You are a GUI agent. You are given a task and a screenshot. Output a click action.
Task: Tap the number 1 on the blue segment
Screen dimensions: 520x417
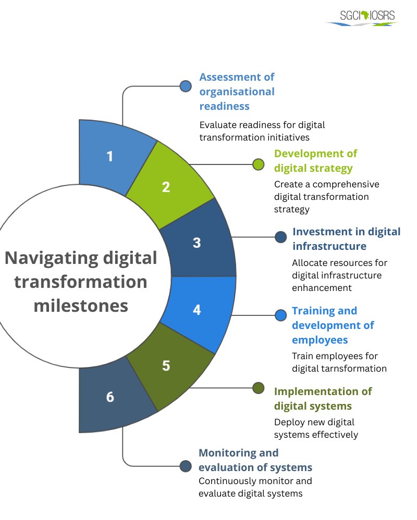109,156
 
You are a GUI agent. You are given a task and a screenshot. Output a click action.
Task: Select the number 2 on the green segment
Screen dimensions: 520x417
166,187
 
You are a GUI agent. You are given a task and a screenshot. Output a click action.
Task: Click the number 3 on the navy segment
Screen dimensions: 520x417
197,243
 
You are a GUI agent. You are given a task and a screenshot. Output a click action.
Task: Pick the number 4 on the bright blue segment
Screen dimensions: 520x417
197,310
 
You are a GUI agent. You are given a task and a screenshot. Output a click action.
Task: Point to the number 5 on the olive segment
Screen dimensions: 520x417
166,365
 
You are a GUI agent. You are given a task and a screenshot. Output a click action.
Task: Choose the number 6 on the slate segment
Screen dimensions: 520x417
109,397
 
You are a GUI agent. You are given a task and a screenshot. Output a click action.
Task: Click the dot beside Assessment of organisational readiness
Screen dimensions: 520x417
186,86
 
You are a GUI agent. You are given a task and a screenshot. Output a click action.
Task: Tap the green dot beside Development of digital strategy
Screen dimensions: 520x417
258,164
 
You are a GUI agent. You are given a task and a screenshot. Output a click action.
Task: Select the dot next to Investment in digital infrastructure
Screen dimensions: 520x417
281,237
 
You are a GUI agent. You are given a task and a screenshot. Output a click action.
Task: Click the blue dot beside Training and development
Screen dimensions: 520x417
281,315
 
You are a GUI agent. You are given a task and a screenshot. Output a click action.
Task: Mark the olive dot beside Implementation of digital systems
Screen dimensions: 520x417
258,388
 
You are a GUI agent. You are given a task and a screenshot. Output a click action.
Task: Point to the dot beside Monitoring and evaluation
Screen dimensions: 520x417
186,466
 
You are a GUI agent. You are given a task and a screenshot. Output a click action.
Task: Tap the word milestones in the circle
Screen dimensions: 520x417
81,306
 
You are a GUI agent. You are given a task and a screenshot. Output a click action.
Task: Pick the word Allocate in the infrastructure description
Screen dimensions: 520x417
310,262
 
